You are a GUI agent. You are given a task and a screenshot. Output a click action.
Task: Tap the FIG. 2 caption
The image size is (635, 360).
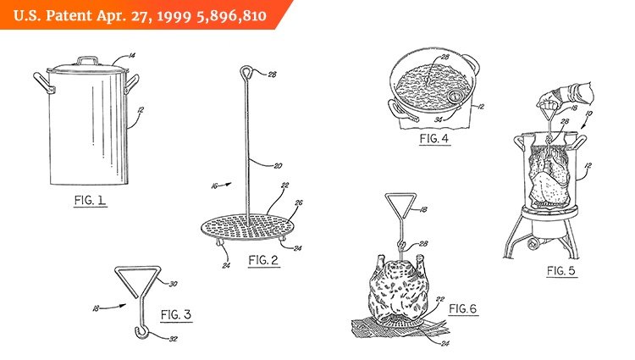click(262, 260)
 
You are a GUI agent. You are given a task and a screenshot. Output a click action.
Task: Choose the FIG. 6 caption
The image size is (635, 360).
click(463, 309)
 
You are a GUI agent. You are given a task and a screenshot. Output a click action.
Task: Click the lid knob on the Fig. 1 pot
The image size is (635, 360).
click(87, 59)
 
